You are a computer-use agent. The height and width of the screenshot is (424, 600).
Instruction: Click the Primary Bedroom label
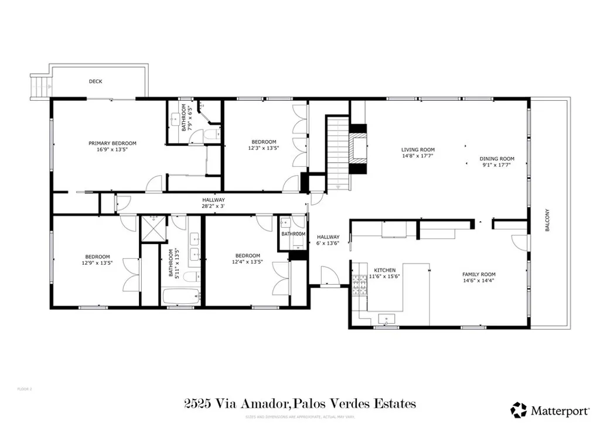[x=112, y=143]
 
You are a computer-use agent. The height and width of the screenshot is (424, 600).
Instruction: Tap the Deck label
[x=96, y=82]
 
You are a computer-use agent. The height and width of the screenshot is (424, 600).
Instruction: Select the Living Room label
[x=418, y=150]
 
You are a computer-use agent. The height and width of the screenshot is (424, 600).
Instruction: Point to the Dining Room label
[x=497, y=159]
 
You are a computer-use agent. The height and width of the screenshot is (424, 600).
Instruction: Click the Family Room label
[x=479, y=275]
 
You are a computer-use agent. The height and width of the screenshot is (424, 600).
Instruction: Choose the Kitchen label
[x=385, y=270]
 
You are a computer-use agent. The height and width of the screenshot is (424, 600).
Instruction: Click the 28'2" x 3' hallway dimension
[x=214, y=206]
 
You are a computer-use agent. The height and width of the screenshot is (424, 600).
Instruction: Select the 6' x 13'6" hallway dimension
[x=328, y=243]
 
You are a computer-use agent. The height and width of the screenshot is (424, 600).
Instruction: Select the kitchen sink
[x=387, y=319]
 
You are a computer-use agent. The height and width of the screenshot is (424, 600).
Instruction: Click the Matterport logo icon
[x=519, y=409]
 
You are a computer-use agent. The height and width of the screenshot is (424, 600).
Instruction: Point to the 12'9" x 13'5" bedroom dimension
[x=97, y=262]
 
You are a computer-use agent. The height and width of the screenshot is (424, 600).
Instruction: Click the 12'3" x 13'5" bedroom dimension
[x=264, y=148]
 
